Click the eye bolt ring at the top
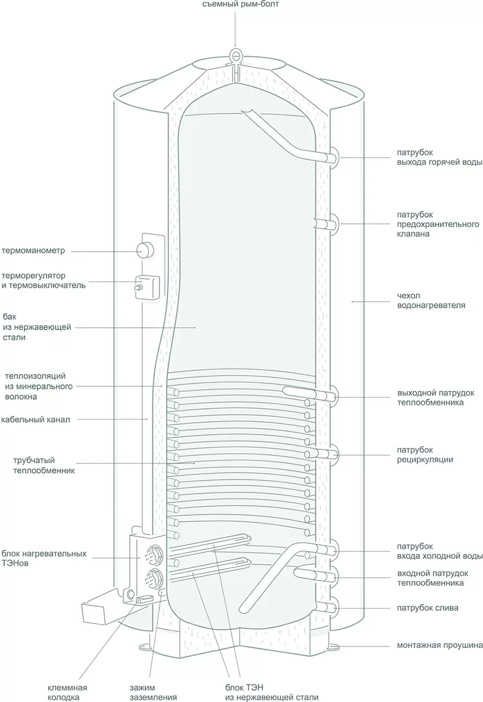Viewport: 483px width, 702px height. pyautogui.click(x=235, y=54)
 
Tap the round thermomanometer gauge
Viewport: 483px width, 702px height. pyautogui.click(x=145, y=249)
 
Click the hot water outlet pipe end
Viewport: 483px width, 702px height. pyautogui.click(x=332, y=157)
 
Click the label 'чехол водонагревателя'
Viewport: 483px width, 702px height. pyautogui.click(x=431, y=301)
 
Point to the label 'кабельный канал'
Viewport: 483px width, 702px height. pyautogui.click(x=36, y=419)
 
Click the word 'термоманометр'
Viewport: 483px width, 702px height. pyautogui.click(x=33, y=251)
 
